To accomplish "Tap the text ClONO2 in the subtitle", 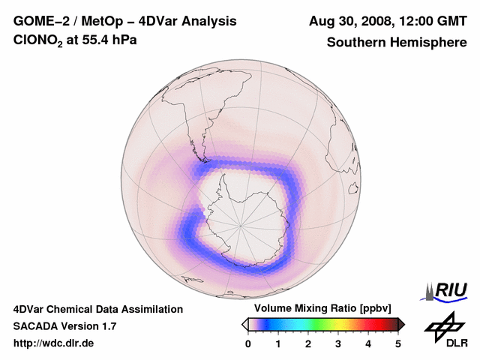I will coord(38,41).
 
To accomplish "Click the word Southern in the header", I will coord(355,42).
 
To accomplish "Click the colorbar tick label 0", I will coord(248,343).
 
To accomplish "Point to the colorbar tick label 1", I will coord(278,343).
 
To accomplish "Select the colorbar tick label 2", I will coord(308,343).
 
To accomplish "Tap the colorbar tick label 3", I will coord(338,343).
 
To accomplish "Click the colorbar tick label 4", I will coord(368,343).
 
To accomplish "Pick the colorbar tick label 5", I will coord(398,343).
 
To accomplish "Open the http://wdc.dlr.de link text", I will coord(54,343).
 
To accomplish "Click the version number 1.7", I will coord(107,326).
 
